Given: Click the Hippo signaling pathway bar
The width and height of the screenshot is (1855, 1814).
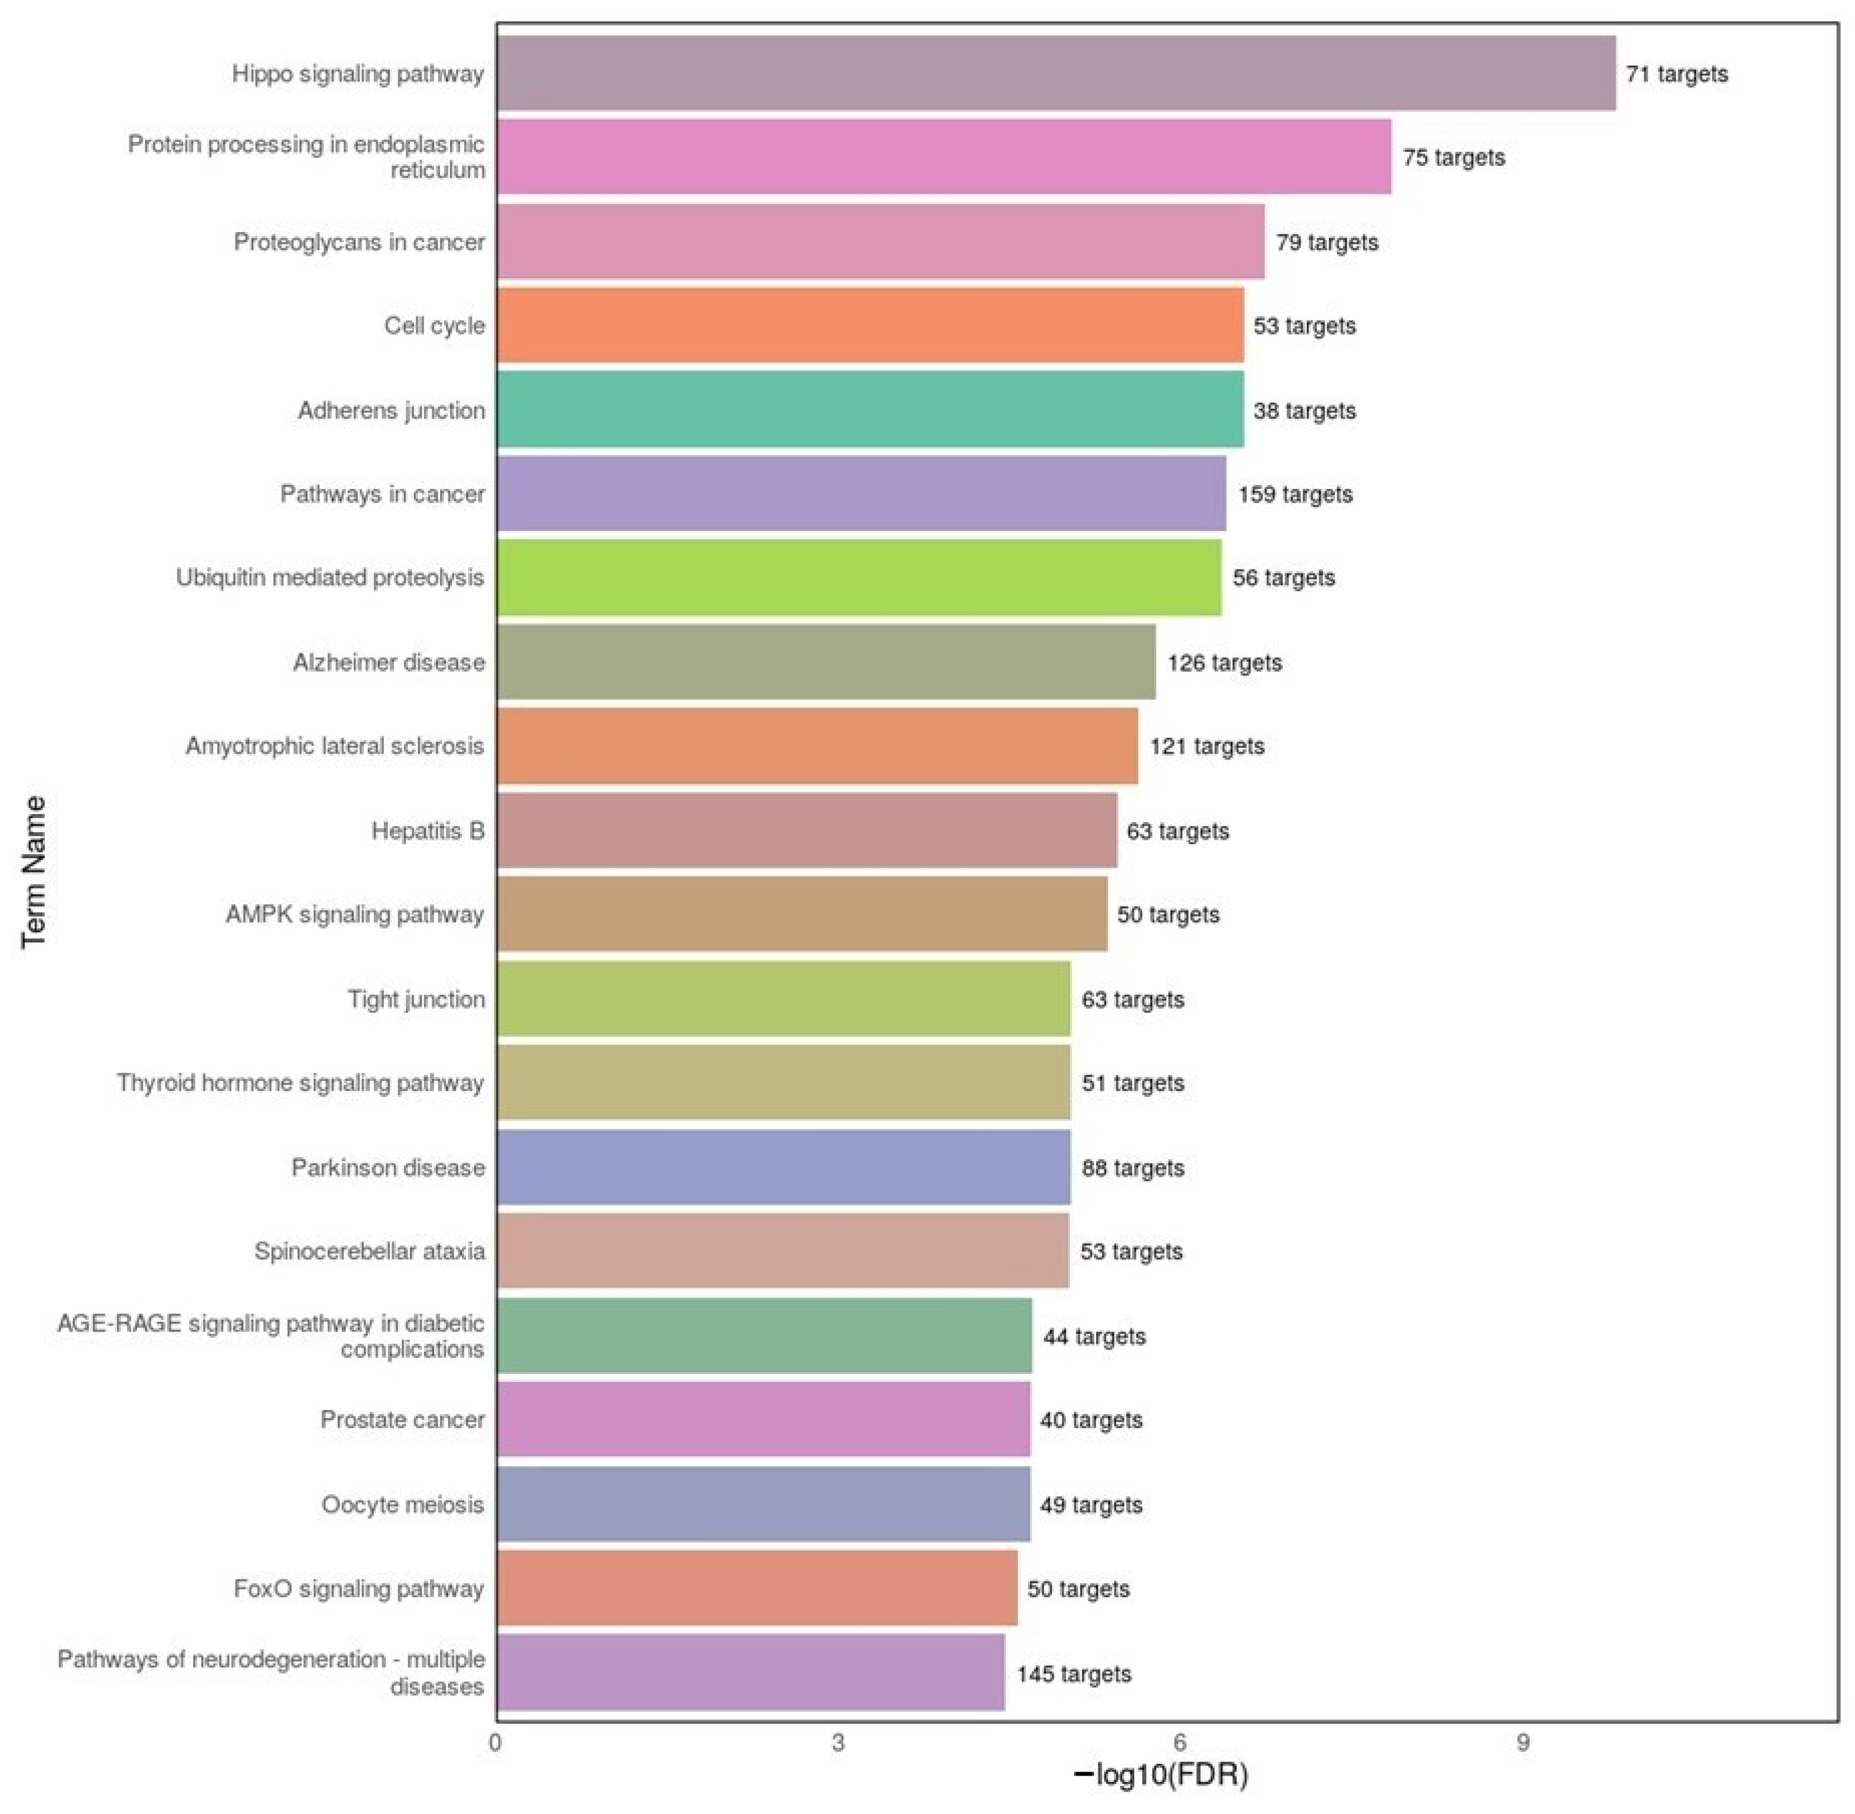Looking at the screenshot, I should (x=1055, y=73).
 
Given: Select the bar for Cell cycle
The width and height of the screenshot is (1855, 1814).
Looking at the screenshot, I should (x=870, y=326).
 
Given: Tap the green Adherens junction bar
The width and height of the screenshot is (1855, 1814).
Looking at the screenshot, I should (x=870, y=410).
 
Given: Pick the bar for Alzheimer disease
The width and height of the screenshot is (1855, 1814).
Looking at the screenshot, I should (x=826, y=662).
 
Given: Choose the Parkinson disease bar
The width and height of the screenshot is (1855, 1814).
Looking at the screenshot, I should (x=783, y=1167).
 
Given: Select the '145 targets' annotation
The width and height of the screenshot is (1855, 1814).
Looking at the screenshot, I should (x=1074, y=1674).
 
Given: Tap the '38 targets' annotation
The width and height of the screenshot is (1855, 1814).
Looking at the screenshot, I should (x=1305, y=411).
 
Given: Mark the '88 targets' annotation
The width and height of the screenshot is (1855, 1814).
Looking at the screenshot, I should (x=1133, y=1168).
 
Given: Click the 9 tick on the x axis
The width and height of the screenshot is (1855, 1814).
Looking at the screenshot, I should (x=1523, y=1743).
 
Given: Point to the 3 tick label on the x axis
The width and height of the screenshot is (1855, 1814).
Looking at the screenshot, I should (x=837, y=1743).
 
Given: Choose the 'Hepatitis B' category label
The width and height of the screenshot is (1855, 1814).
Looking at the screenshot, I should (x=428, y=831).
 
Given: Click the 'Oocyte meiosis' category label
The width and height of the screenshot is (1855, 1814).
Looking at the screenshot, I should (x=402, y=1504).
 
